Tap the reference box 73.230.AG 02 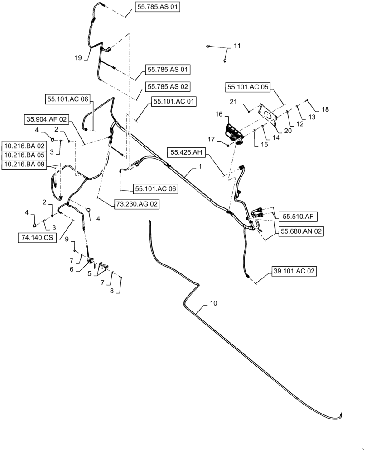point(136,204)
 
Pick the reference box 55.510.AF point(298,217)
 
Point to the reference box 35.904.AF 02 point(45,119)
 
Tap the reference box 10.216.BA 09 point(24,165)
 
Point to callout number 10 point(213,303)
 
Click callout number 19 point(78,58)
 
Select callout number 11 point(237,46)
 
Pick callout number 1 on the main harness point(199,167)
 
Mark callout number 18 point(325,109)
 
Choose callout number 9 point(67,239)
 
